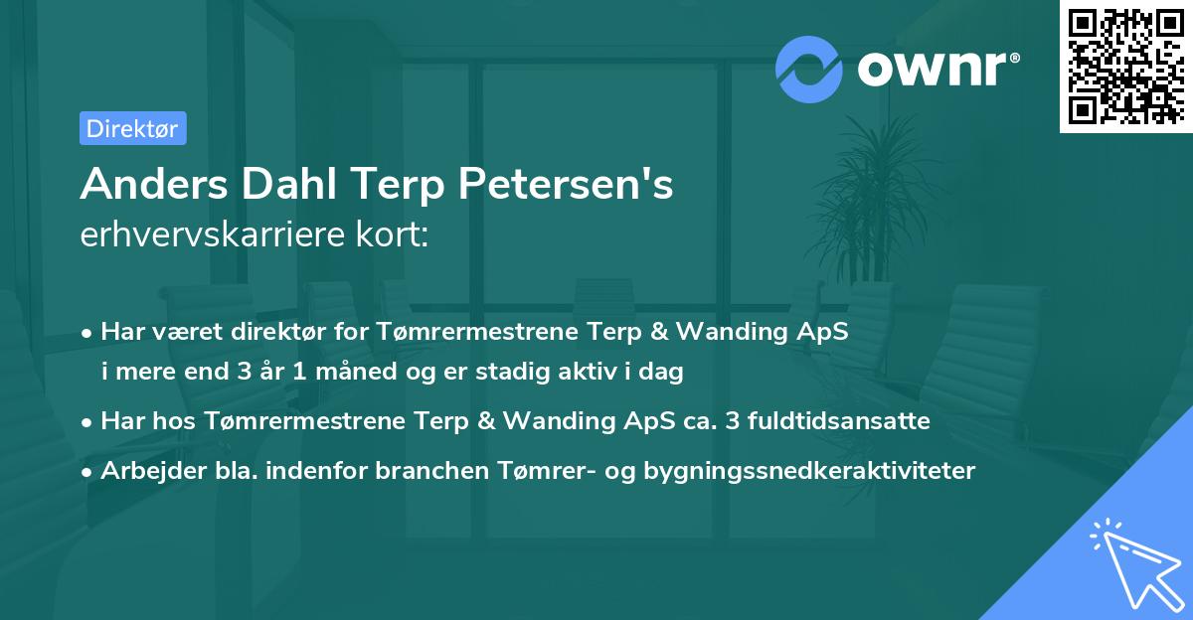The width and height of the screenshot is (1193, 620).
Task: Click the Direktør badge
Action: tap(132, 128)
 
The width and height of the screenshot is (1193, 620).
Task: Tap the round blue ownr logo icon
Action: tap(808, 70)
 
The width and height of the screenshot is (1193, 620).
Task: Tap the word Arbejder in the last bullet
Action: tap(141, 470)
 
